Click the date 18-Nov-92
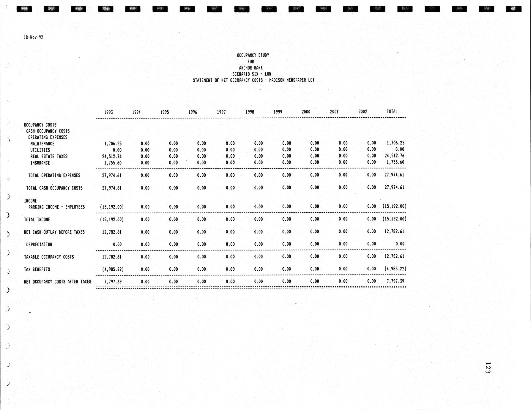[x=33, y=37]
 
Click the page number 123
[x=487, y=368]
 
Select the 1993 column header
[x=108, y=112]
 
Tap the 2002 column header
[x=363, y=112]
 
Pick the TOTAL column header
[x=392, y=111]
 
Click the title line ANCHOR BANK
[x=251, y=68]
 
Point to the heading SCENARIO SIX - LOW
[x=252, y=74]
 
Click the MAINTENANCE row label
[x=42, y=144]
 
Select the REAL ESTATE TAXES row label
[x=49, y=157]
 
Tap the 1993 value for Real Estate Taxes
[x=112, y=157]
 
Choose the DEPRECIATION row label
[x=39, y=245]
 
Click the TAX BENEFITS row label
[x=37, y=269]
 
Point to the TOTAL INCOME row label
[x=37, y=220]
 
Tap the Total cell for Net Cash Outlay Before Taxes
[x=394, y=231]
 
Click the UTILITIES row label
[x=40, y=150]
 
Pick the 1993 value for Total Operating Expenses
[x=112, y=176]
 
